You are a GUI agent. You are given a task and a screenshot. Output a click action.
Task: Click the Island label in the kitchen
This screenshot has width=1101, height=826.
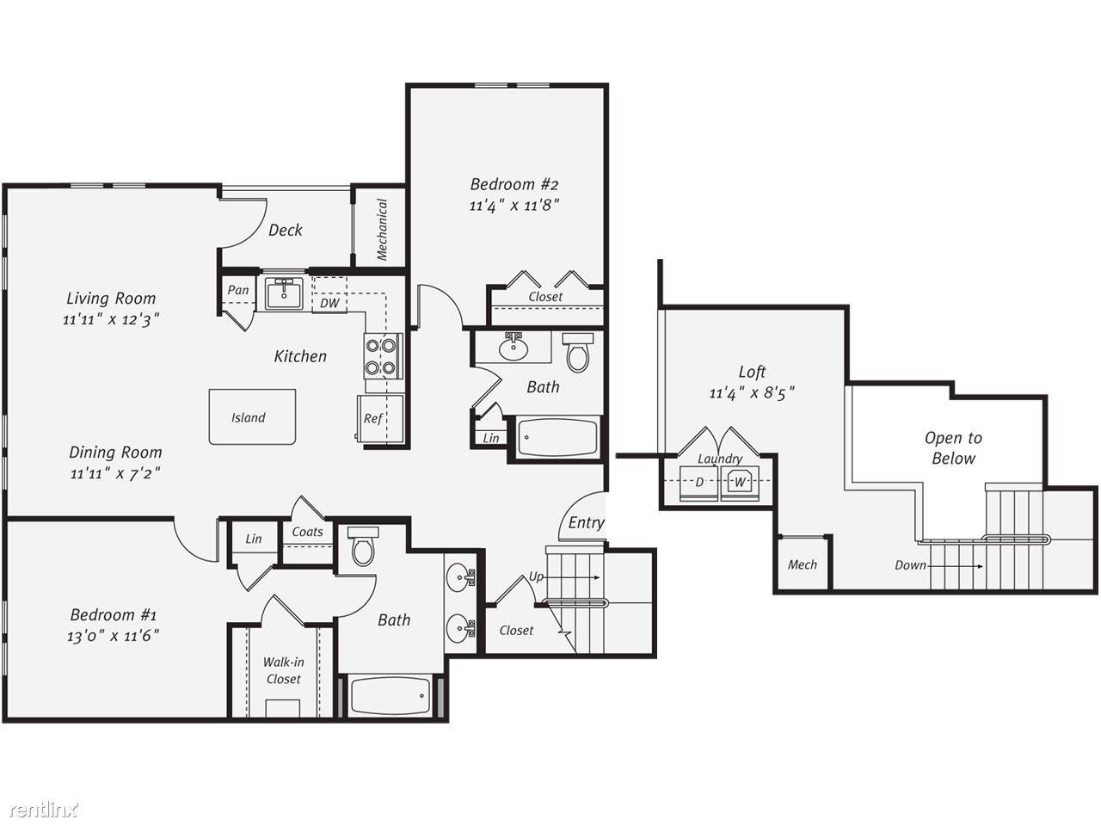(249, 418)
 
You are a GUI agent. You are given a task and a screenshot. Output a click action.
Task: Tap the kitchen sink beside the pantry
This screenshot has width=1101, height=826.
(284, 293)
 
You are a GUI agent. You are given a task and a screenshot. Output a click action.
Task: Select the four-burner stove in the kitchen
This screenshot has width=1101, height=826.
(384, 356)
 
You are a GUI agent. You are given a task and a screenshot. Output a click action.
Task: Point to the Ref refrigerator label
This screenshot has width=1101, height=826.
(373, 418)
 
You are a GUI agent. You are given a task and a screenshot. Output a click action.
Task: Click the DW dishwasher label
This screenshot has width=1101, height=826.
(329, 303)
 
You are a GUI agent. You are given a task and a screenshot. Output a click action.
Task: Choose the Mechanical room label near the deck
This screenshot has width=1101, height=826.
(382, 230)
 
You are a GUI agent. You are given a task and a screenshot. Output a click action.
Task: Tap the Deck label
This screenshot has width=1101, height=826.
(286, 231)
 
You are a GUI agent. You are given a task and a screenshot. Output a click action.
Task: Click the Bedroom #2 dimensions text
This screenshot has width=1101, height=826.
(514, 205)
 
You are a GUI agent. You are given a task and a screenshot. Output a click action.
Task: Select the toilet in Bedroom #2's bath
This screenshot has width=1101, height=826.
(578, 352)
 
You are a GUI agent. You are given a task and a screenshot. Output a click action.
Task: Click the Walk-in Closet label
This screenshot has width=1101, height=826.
(283, 670)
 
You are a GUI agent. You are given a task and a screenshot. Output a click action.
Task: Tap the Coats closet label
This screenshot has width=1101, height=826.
(307, 532)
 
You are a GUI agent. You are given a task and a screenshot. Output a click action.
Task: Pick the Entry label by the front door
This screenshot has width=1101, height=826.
(586, 523)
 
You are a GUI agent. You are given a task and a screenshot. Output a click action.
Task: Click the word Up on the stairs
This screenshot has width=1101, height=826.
(536, 577)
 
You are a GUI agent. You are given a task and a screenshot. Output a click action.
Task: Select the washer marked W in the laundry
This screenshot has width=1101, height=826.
(740, 483)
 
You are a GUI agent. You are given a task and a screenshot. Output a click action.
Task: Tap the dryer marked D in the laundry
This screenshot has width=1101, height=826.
(698, 483)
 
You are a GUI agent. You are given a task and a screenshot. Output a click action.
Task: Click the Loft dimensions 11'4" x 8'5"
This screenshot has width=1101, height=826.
(752, 393)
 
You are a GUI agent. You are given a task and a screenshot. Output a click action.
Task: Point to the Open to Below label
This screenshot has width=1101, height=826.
(954, 448)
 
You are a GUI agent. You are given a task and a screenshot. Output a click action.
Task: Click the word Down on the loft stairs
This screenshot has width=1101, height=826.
(910, 565)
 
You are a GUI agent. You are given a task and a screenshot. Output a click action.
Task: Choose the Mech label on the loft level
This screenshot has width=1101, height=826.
(802, 564)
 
